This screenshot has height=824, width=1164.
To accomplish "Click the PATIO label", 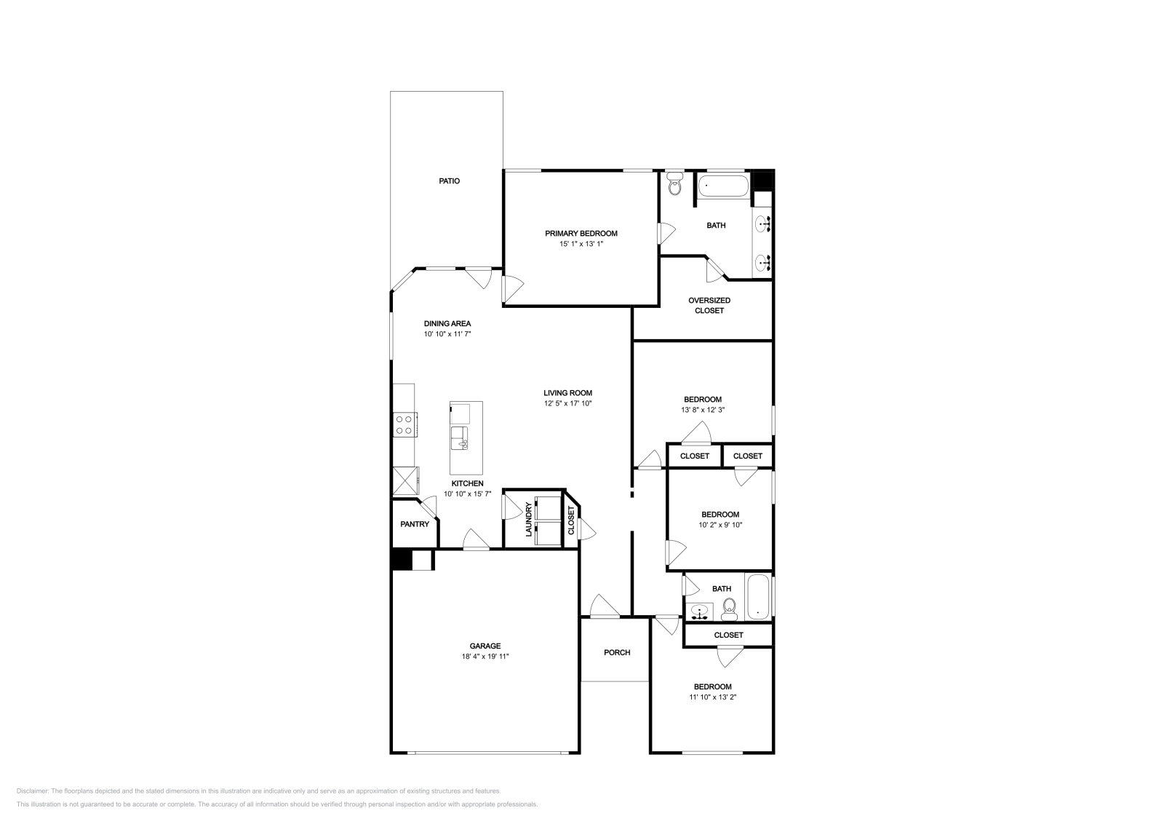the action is [x=449, y=181].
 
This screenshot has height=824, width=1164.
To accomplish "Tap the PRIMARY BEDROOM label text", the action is [x=581, y=234].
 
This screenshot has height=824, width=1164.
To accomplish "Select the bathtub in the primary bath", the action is [x=723, y=186].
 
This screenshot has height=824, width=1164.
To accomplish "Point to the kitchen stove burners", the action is [x=404, y=424].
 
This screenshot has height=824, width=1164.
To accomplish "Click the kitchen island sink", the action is [x=459, y=437].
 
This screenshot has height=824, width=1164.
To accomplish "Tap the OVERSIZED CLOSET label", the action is [x=709, y=305].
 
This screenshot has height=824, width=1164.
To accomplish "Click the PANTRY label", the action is [x=415, y=524].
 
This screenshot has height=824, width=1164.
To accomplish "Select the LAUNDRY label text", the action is [x=528, y=519].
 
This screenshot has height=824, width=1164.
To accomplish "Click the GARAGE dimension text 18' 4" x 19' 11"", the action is [x=485, y=656].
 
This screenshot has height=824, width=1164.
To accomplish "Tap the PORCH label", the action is [x=617, y=652].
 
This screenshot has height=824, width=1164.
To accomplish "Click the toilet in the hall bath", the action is [x=729, y=609].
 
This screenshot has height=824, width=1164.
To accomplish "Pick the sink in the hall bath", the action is [x=699, y=612].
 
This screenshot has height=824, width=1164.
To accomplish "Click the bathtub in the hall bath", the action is [x=758, y=597].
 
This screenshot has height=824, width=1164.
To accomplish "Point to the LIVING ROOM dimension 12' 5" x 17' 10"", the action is [x=568, y=403].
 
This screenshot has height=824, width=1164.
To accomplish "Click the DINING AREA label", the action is [x=447, y=323].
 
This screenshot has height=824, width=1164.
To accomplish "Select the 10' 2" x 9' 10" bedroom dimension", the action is [x=720, y=525].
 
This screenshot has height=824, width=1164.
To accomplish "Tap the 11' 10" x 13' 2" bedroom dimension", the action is [x=712, y=697].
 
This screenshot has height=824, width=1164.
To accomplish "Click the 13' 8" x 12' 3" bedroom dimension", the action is [x=703, y=409].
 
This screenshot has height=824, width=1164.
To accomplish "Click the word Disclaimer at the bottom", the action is [x=32, y=791].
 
